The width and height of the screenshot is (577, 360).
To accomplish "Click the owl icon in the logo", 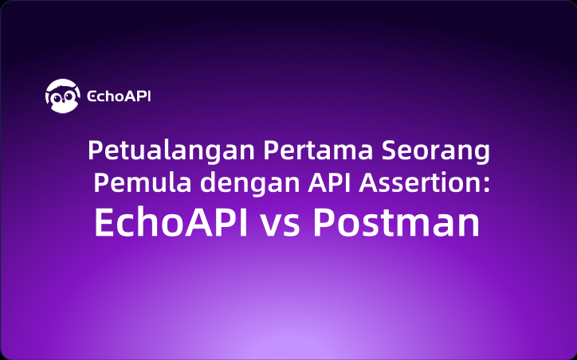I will [x=62, y=96].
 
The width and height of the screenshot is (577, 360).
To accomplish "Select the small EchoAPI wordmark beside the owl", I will [x=119, y=96].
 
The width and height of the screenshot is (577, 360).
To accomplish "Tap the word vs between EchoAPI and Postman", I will [x=280, y=225].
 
